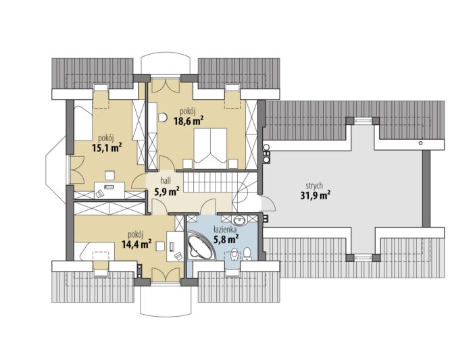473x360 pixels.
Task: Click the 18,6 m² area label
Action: coord(188,121)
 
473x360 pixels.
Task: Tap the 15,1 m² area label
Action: coord(107,147)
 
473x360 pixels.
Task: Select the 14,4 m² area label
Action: coord(136,244)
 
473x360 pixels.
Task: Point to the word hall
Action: coord(166,180)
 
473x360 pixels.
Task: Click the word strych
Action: coord(314,186)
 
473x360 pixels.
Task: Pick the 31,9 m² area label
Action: coord(315,196)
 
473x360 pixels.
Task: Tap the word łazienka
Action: coord(225,230)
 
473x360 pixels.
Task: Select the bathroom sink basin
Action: coord(241,220)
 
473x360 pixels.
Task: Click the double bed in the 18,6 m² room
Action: coord(211,148)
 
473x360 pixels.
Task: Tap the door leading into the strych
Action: coord(268,203)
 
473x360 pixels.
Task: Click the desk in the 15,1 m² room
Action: coord(109,190)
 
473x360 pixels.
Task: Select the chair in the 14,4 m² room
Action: coord(159,247)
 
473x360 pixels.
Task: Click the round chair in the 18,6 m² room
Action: coord(163,117)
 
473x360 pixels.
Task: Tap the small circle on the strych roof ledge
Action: coord(421,143)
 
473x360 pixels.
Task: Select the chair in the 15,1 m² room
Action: coord(109,175)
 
